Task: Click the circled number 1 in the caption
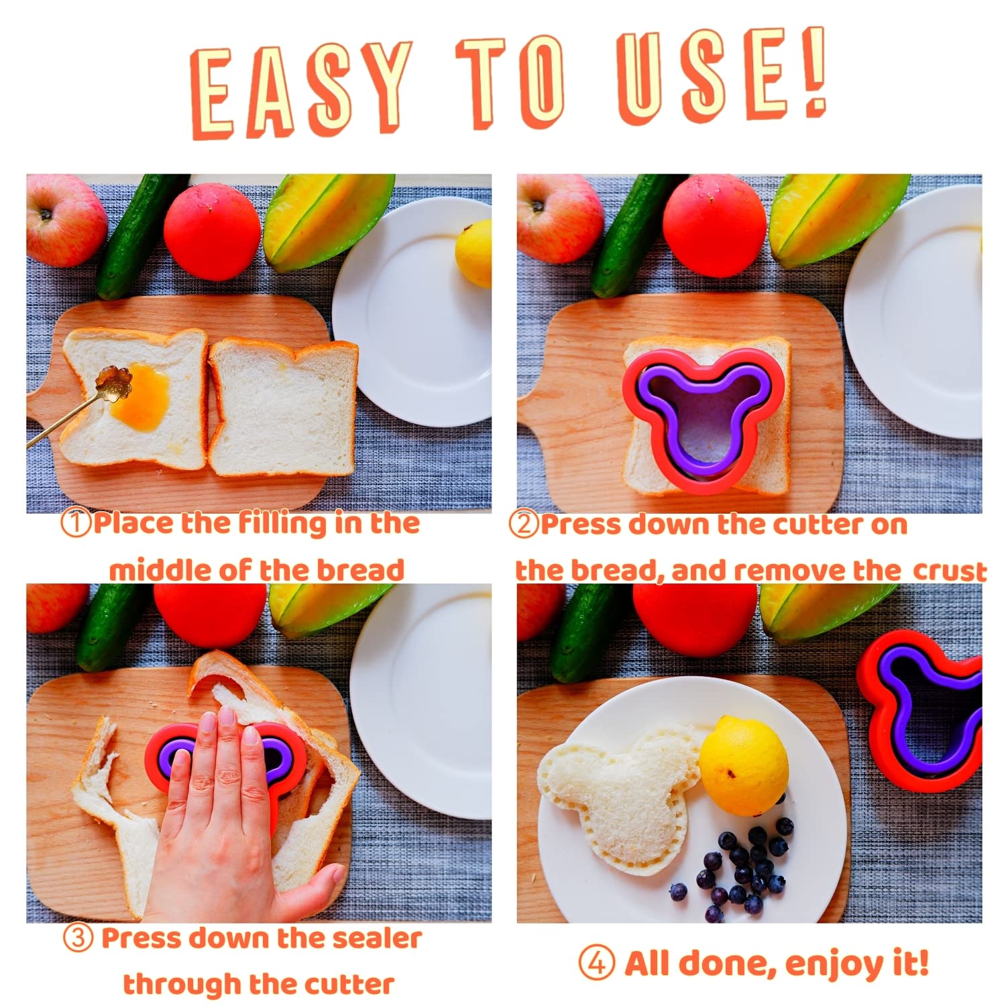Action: [x=75, y=524]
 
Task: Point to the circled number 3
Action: [x=78, y=938]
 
